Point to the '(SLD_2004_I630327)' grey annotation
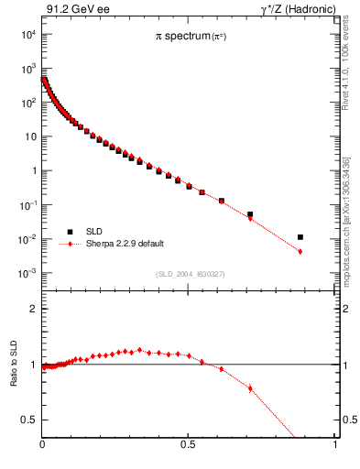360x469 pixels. pyautogui.click(x=189, y=274)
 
